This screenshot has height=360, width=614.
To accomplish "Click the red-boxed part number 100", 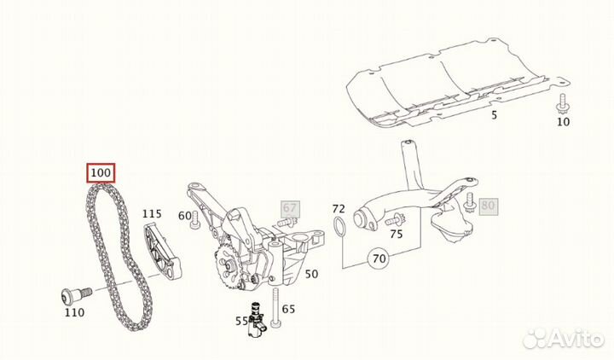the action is point(101,173).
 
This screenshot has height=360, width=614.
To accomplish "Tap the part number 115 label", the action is point(152,214).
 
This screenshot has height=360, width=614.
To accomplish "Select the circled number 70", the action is point(379,258).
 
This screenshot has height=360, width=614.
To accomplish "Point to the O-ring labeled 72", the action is point(339,229).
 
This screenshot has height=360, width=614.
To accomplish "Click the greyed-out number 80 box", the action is point(488,206).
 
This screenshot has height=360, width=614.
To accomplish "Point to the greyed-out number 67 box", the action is point(290,209).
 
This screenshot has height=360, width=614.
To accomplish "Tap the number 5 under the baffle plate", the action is point(494,115).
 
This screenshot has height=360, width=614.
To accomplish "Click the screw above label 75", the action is point(395,219).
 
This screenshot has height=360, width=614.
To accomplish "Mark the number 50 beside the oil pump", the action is point(311,274).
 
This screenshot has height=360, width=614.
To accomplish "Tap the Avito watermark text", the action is point(575,337).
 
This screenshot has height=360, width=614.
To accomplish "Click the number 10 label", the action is point(563,122).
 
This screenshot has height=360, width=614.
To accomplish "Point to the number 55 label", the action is point(241,322).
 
